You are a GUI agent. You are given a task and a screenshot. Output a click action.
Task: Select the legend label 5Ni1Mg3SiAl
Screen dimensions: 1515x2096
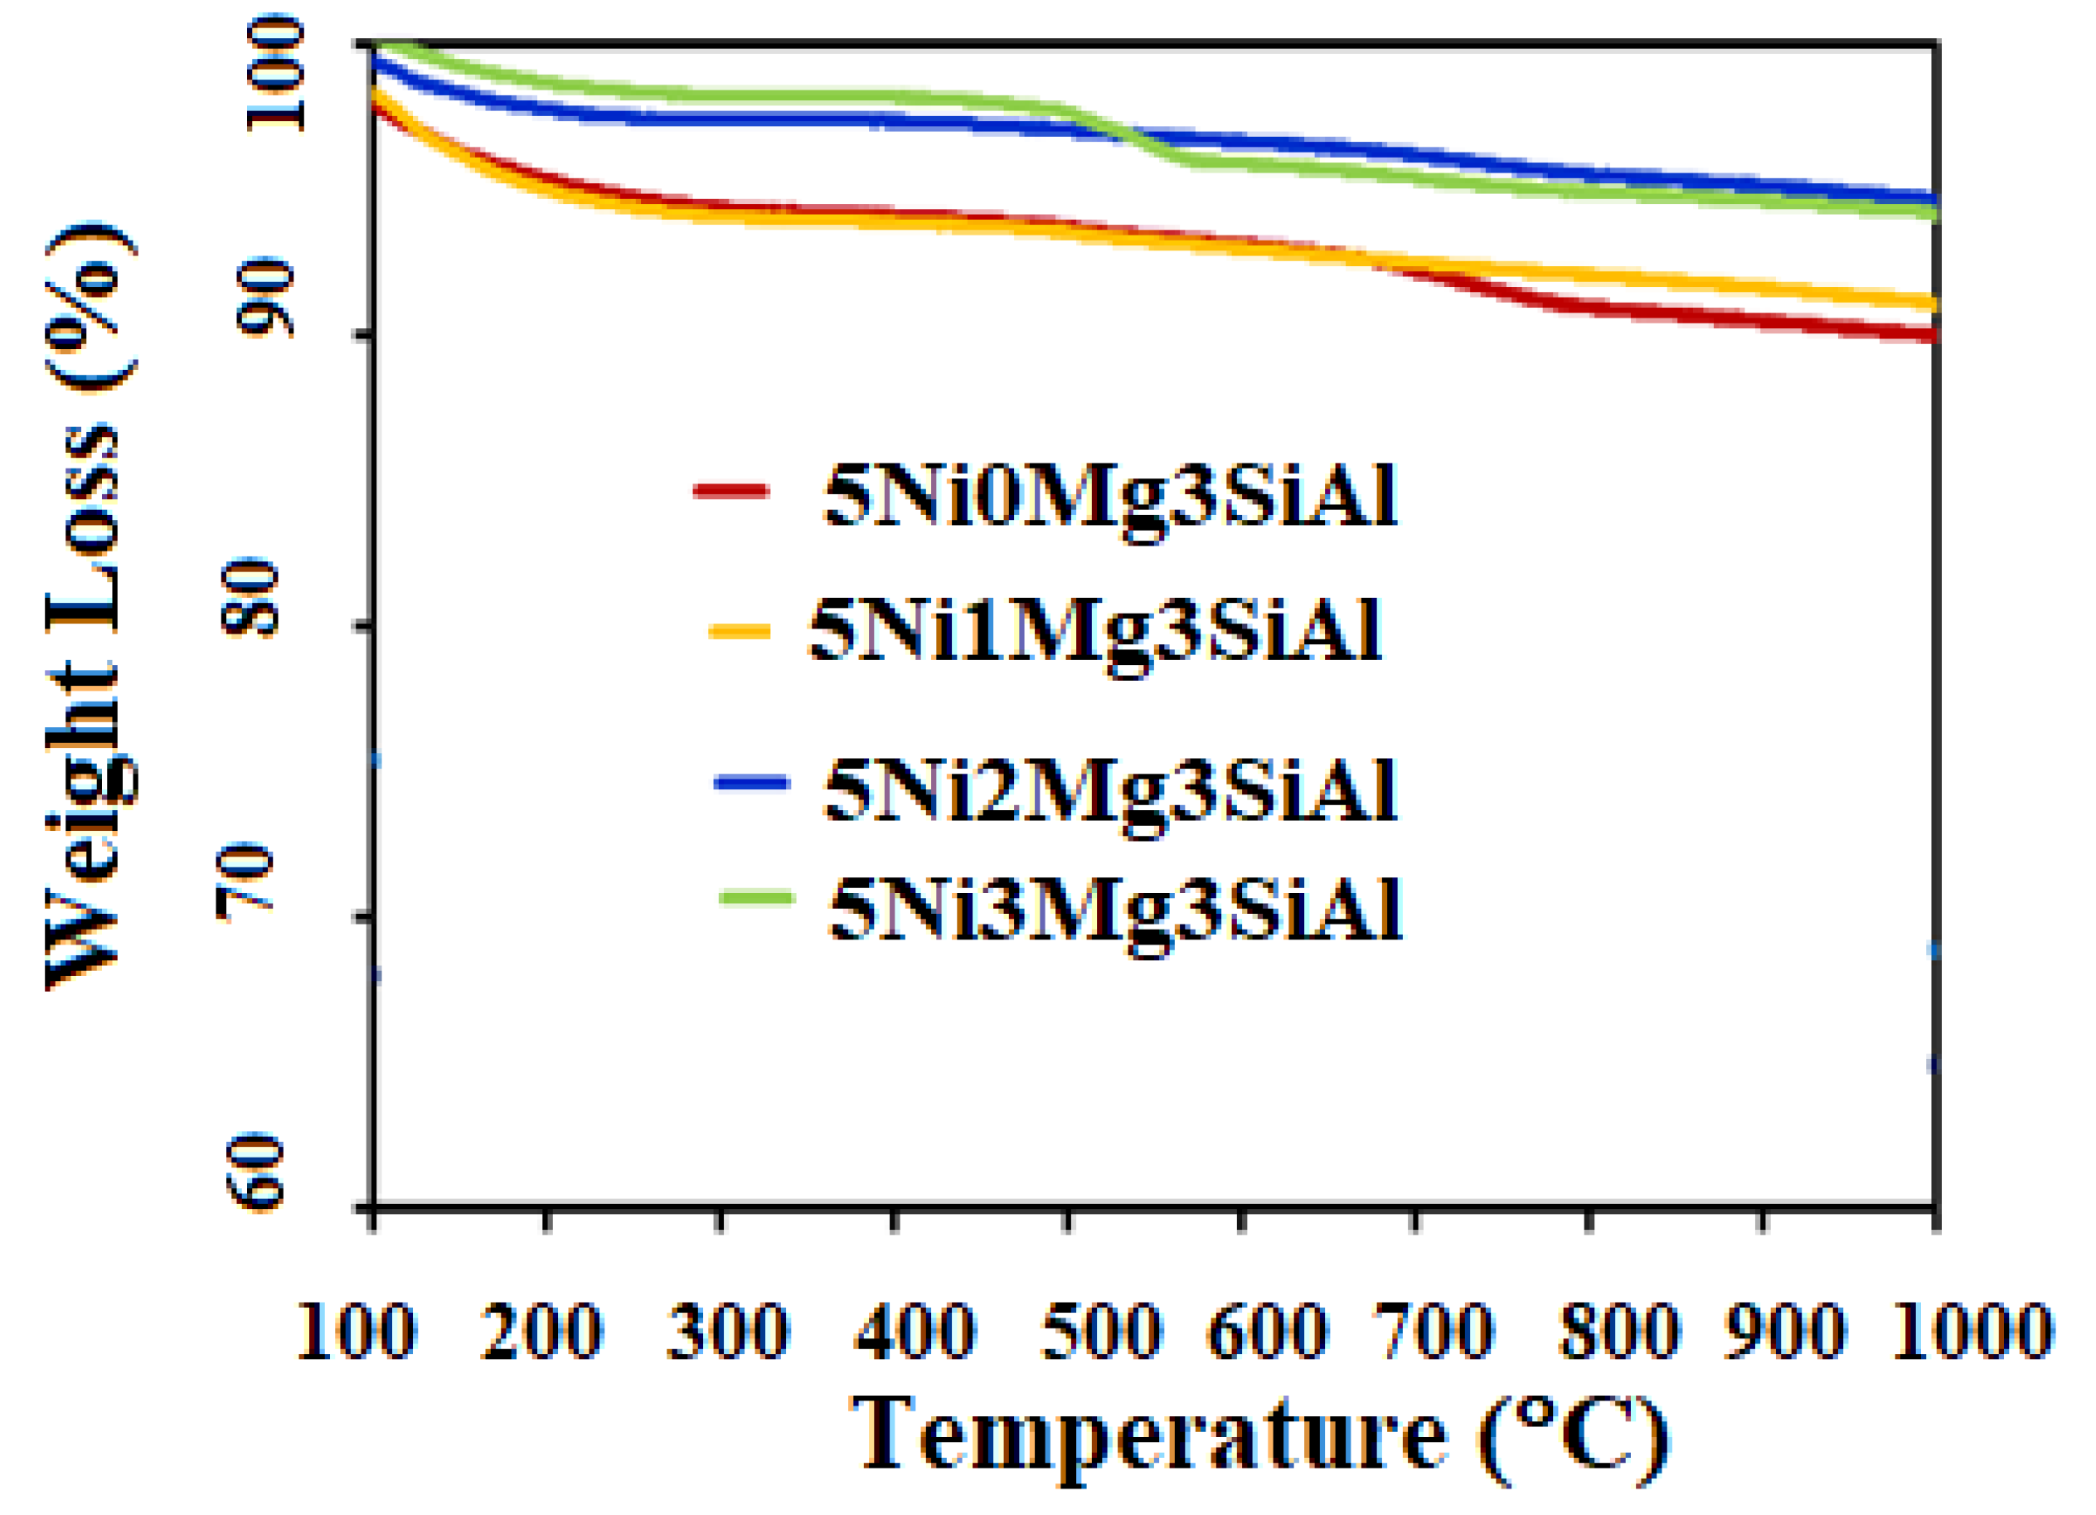click(1094, 632)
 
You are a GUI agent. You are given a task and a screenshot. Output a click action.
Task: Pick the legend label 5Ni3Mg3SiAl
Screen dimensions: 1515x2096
click(1114, 910)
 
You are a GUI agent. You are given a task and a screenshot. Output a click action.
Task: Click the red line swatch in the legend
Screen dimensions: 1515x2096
click(730, 491)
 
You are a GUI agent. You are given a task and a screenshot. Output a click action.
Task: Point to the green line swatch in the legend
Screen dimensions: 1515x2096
click(757, 897)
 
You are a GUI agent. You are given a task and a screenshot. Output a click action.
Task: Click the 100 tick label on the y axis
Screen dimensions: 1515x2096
click(275, 74)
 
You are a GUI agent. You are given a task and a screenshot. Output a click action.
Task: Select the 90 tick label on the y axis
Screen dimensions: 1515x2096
click(265, 298)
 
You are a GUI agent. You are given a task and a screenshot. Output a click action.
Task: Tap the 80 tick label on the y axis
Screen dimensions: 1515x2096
click(251, 597)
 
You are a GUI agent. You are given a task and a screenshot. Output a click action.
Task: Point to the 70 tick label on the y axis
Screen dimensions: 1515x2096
click(245, 883)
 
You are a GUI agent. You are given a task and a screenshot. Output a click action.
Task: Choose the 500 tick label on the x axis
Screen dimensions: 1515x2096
click(1102, 1332)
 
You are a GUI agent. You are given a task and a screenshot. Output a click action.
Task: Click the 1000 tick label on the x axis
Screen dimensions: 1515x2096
click(1973, 1332)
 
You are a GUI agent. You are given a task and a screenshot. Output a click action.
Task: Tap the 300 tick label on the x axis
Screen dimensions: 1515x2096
click(728, 1332)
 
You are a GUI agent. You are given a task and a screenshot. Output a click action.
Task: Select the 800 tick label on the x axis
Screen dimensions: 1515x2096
click(1619, 1332)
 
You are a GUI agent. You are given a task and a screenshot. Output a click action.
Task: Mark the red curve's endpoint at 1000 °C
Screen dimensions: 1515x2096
click(1932, 335)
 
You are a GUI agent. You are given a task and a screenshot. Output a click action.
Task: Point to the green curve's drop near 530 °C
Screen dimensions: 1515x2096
click(1132, 138)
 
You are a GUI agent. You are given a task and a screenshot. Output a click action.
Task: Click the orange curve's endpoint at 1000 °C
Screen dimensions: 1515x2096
click(1932, 303)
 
